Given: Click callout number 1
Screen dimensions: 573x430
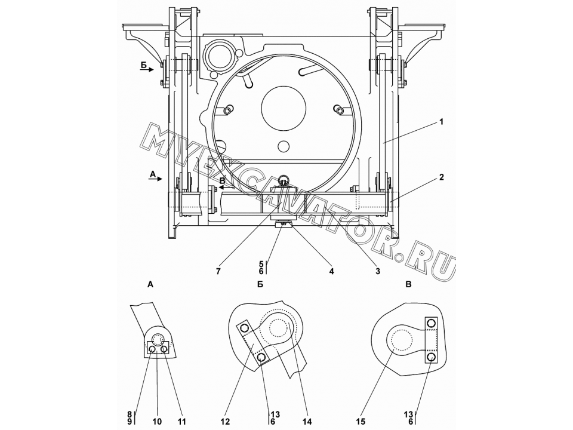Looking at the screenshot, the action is pyautogui.click(x=441, y=122).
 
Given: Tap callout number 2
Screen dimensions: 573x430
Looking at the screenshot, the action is pyautogui.click(x=442, y=177).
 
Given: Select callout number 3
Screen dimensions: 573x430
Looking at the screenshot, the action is pyautogui.click(x=377, y=271).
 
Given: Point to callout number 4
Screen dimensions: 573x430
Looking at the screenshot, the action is pyautogui.click(x=331, y=271).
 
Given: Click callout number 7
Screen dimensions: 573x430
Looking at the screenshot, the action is pyautogui.click(x=218, y=271).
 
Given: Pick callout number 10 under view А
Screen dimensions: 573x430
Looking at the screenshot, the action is pyautogui.click(x=157, y=422).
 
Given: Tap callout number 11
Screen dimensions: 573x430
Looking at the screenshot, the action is pyautogui.click(x=181, y=422).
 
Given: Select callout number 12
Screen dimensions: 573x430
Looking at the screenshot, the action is pyautogui.click(x=226, y=422).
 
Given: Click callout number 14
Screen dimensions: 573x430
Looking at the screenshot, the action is pyautogui.click(x=307, y=422).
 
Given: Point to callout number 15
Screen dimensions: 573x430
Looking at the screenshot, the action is pyautogui.click(x=361, y=422).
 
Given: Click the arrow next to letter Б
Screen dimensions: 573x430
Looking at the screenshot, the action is pyautogui.click(x=147, y=69).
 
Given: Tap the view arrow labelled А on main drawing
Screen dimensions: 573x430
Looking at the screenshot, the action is pyautogui.click(x=155, y=179).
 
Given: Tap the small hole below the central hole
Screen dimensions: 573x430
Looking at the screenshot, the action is pyautogui.click(x=283, y=147).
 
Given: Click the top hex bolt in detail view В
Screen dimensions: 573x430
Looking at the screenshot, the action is pyautogui.click(x=431, y=323).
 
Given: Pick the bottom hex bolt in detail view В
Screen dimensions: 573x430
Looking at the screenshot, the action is pyautogui.click(x=431, y=357).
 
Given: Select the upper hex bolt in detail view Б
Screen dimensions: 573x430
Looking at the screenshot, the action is pyautogui.click(x=244, y=328).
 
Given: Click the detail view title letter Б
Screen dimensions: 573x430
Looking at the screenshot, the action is pyautogui.click(x=260, y=284).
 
